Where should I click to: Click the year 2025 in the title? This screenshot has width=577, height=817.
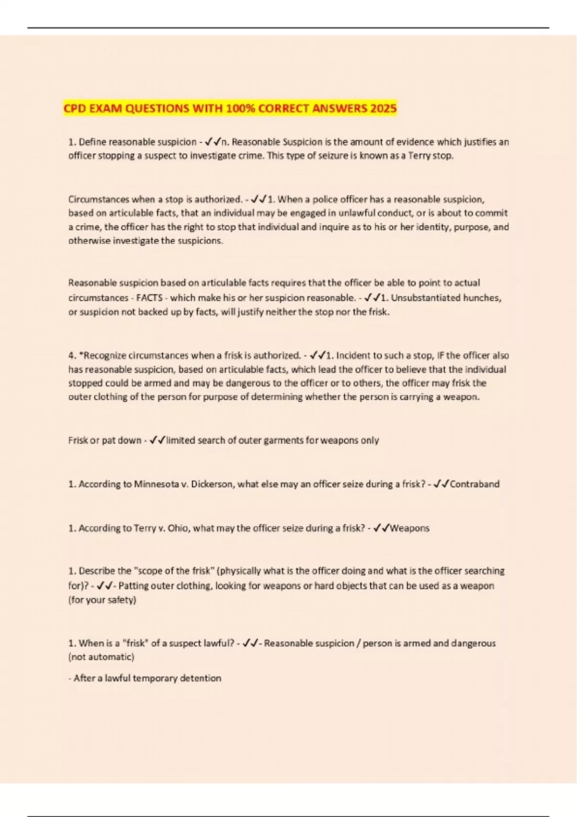click(383, 108)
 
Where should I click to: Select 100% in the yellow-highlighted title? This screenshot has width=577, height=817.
click(239, 108)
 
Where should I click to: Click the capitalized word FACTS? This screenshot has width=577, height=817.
click(150, 298)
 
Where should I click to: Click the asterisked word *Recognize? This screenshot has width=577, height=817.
click(102, 356)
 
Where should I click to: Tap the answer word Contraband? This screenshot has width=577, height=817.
click(474, 484)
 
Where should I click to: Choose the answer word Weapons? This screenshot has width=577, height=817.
click(409, 528)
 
